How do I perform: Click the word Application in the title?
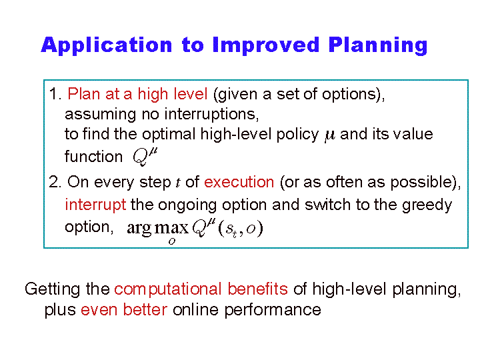(107, 46)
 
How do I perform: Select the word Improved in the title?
(266, 45)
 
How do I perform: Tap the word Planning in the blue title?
(378, 46)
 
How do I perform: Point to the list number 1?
(55, 94)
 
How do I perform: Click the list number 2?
(55, 182)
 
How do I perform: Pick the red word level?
(190, 94)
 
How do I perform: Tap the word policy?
(297, 135)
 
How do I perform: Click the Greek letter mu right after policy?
(330, 136)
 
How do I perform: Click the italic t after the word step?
(178, 183)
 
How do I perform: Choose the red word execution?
(239, 183)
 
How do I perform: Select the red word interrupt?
(95, 205)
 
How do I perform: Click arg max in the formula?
(157, 229)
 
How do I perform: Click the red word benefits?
(258, 289)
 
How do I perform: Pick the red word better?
(145, 309)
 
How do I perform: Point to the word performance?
(273, 311)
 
